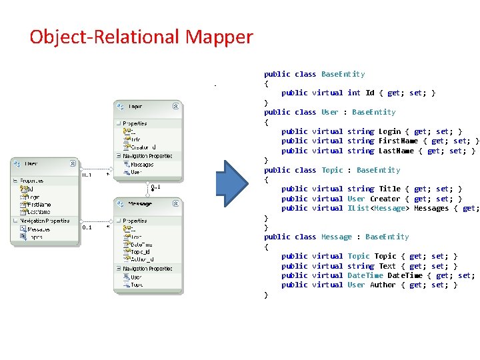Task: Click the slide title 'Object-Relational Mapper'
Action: pyautogui.click(x=141, y=37)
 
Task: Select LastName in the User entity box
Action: pyautogui.click(x=40, y=211)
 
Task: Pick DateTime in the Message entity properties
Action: pyautogui.click(x=142, y=244)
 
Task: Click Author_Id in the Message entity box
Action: pyautogui.click(x=142, y=259)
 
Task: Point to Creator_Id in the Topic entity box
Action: pyautogui.click(x=143, y=147)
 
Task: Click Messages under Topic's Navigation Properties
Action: pyautogui.click(x=142, y=164)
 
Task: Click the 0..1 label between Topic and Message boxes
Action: pyautogui.click(x=155, y=187)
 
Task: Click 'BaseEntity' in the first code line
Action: pyautogui.click(x=343, y=74)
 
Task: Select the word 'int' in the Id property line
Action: pyautogui.click(x=354, y=93)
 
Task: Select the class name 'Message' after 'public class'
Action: pyautogui.click(x=337, y=237)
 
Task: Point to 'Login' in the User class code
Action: pyautogui.click(x=390, y=131)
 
